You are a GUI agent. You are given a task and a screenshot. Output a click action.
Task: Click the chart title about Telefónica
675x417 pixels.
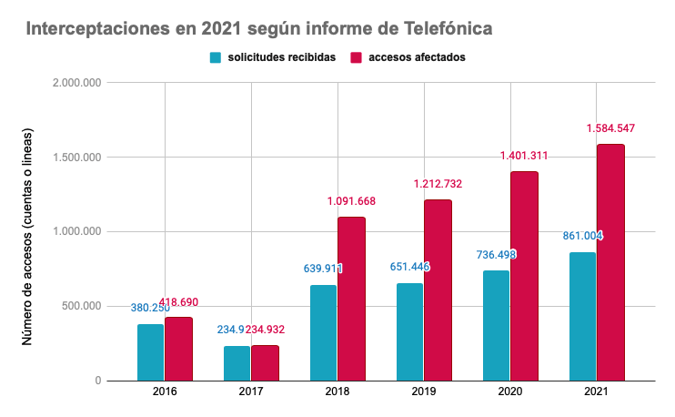[259, 29]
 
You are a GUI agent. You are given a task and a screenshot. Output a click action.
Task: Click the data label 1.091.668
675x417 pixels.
[351, 201]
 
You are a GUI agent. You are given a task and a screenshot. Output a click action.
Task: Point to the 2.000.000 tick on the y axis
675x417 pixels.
[78, 83]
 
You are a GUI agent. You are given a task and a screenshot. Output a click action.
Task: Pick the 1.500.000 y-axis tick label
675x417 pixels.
[78, 158]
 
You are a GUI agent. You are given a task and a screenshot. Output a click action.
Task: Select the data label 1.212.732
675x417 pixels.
[438, 184]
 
